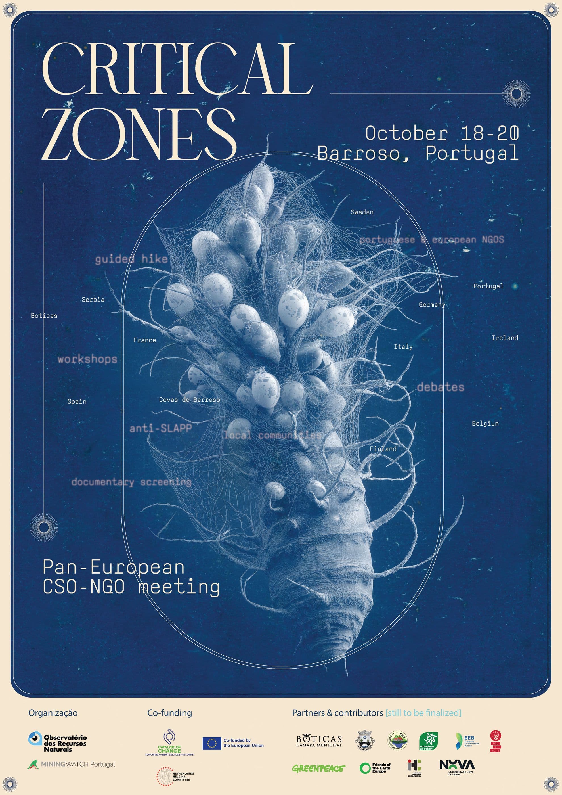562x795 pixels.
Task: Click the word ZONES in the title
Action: [x=139, y=134]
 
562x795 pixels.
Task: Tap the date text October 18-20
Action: [x=442, y=133]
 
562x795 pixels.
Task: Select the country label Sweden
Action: [x=362, y=212]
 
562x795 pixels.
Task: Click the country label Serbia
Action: [x=93, y=300]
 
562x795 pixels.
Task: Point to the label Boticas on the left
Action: [x=44, y=315]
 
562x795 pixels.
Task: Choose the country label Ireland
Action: [x=505, y=338]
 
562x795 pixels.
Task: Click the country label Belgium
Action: [x=485, y=423]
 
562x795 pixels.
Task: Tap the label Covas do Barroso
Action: [x=189, y=399]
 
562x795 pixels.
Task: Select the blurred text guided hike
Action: [x=131, y=259]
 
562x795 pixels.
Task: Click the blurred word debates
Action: [x=440, y=387]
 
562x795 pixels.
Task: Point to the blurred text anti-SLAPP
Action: [x=160, y=428]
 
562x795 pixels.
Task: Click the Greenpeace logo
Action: [x=318, y=768]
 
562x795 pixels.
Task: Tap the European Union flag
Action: [x=212, y=743]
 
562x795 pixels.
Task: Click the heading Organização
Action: [x=53, y=713]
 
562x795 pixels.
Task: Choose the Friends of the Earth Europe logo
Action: [x=375, y=768]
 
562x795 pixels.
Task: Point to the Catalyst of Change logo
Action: [x=169, y=742]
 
